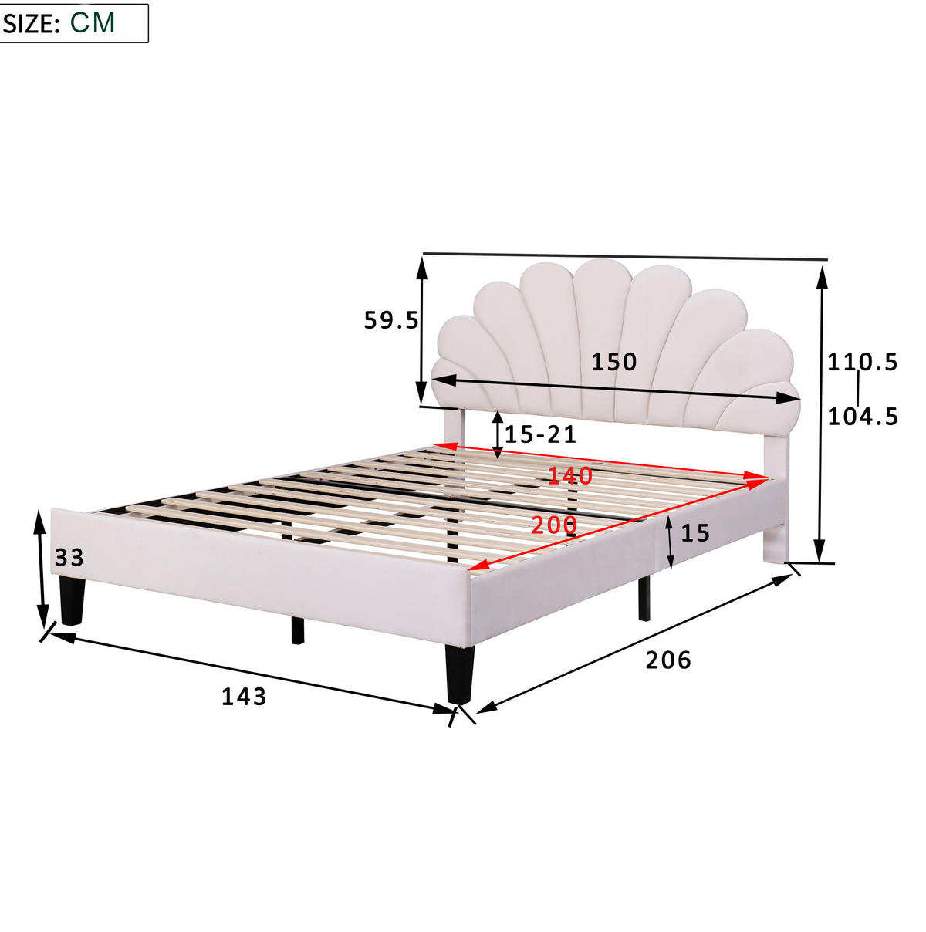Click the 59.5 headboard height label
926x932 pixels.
(391, 320)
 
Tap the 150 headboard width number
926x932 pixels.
(614, 363)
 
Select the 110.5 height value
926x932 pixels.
(863, 363)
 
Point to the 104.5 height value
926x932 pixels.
(863, 417)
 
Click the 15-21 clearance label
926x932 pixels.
(540, 435)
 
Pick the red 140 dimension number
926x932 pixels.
(569, 476)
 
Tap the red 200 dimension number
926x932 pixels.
(554, 525)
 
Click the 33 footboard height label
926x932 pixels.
(69, 558)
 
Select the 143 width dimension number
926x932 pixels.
(244, 697)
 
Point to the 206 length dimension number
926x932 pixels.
(668, 660)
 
